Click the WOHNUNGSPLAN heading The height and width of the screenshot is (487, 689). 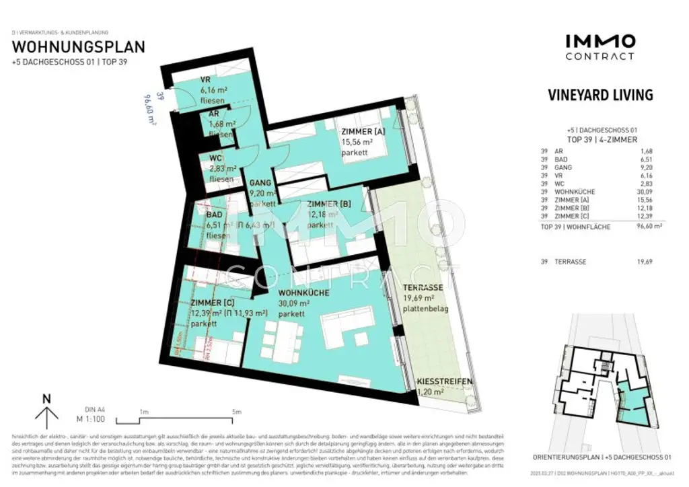click(x=79, y=47)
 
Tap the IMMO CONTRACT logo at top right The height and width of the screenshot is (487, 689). click(x=600, y=47)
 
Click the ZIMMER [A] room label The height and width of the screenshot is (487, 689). click(x=363, y=132)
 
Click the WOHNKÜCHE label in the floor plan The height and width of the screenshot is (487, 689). click(x=304, y=293)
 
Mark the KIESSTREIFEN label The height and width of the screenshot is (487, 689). click(x=444, y=381)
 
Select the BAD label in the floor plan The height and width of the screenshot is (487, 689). click(x=196, y=216)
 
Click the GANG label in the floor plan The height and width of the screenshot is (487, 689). click(x=260, y=182)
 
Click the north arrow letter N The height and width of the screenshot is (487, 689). click(x=46, y=398)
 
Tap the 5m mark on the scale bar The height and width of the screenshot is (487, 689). click(x=235, y=412)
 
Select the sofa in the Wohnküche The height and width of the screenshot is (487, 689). click(x=346, y=327)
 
